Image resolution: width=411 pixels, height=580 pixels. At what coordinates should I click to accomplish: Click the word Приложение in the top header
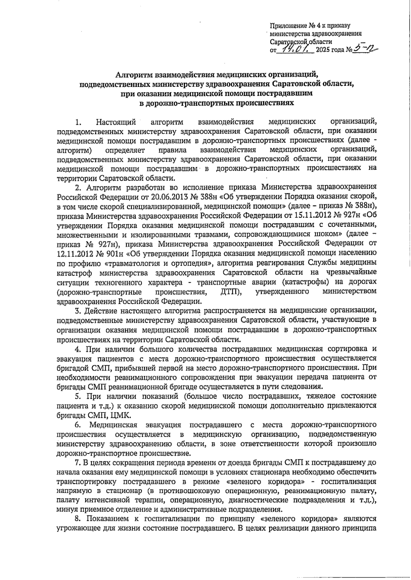click(286, 25)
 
